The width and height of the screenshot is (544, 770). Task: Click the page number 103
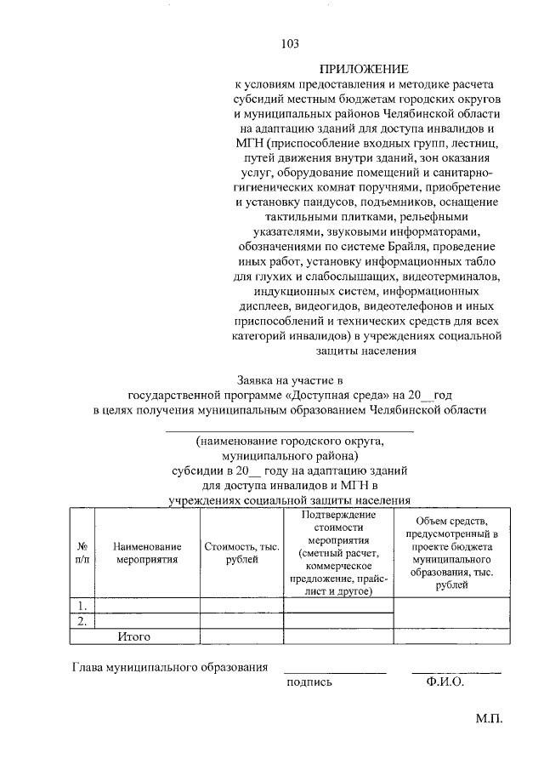[x=291, y=43]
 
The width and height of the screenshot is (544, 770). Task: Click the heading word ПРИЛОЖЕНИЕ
[x=364, y=68]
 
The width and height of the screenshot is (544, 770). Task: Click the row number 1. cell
[x=83, y=606]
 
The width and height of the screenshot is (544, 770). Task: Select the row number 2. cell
[x=83, y=621]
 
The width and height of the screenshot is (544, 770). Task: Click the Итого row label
[x=133, y=636]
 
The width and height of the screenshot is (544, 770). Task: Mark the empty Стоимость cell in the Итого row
[x=241, y=636]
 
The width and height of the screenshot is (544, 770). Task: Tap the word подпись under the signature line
[x=309, y=682]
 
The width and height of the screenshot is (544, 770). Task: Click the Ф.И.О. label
[x=440, y=682]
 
